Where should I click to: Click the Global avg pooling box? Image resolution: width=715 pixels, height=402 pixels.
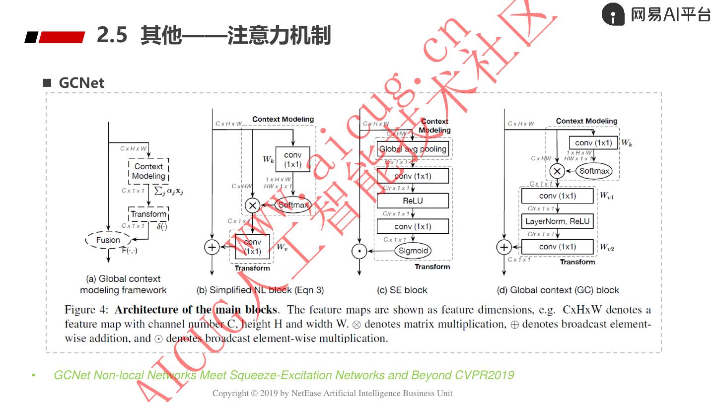413,149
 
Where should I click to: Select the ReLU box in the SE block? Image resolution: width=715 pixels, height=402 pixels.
413,201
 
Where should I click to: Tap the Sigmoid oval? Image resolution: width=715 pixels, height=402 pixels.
413,251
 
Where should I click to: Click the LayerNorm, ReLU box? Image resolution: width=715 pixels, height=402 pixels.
557,221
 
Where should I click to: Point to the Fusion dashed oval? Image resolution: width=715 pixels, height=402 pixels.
108,240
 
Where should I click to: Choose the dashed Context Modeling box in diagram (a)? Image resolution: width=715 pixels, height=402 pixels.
148,171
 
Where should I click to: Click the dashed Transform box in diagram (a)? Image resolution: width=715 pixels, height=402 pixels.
148,214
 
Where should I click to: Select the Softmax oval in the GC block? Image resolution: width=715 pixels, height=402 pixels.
594,171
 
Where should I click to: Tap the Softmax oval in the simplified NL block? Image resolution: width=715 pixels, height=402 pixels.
293,204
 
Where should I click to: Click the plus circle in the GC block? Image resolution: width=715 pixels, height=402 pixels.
504,247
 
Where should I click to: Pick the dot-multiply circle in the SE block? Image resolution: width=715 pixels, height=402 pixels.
358,251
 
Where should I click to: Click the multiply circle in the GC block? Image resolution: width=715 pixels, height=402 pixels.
557,172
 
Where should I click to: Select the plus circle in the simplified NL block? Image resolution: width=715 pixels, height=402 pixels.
212,247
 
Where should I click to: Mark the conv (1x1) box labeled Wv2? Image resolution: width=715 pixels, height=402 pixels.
557,247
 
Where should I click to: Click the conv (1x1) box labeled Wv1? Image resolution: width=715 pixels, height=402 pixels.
557,196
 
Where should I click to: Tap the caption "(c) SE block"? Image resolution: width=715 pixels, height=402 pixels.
402,290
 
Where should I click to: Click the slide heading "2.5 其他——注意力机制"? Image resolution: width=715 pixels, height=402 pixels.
214,36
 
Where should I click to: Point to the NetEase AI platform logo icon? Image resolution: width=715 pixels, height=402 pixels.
613,14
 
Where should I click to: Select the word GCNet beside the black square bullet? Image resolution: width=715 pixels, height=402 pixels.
81,83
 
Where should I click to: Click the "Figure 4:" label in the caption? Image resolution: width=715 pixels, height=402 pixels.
86,310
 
